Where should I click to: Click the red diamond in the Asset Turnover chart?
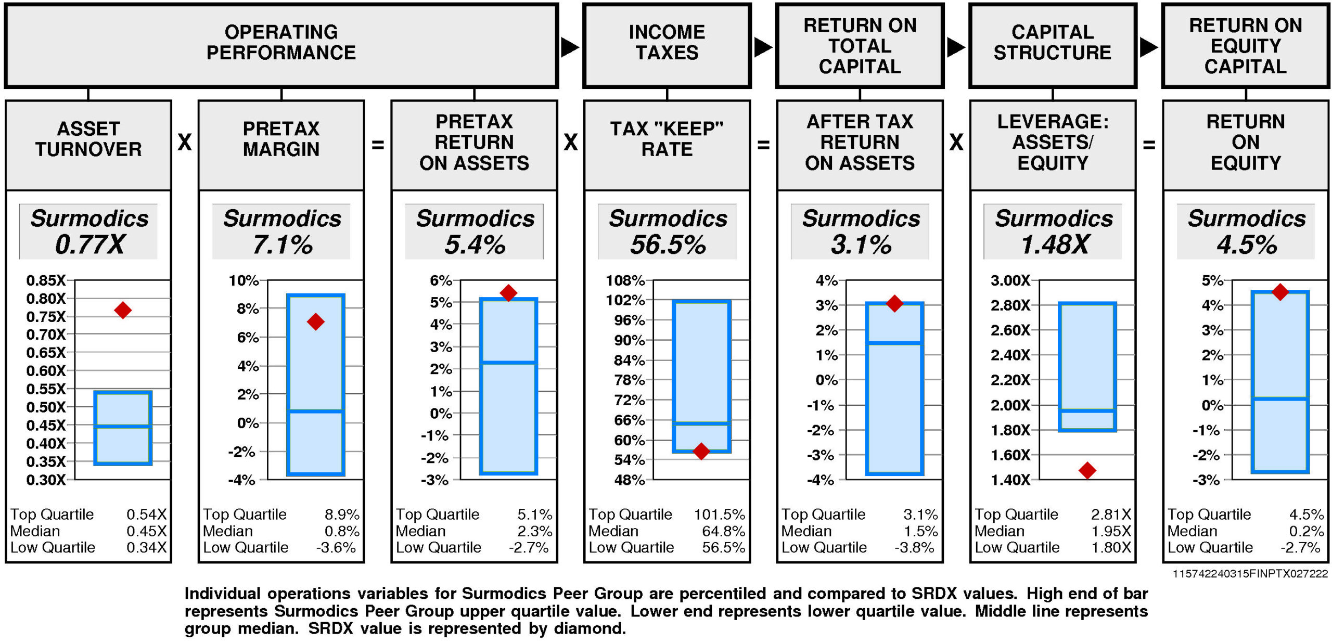(123, 311)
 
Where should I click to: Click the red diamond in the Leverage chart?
(1087, 470)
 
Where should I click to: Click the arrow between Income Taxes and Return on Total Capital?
(763, 47)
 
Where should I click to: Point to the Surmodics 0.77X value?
(89, 244)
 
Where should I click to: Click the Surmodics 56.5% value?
(668, 244)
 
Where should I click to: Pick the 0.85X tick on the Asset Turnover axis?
(46, 280)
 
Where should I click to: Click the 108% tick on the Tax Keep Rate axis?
(625, 280)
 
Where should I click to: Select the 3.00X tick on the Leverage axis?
(1010, 280)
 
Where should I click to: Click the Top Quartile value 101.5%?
(719, 515)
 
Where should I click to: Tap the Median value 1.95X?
(1111, 531)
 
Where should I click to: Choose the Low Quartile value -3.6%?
(336, 547)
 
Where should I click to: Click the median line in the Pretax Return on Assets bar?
(508, 362)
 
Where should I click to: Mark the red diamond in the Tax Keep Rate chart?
(701, 451)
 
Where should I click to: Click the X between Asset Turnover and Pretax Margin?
(185, 142)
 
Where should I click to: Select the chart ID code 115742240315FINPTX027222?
(1250, 574)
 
